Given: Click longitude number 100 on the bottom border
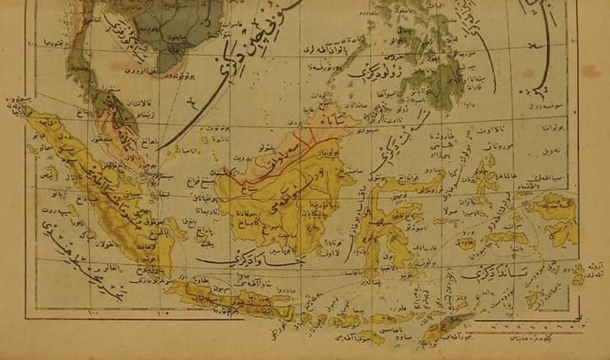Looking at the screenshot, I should (x=92, y=316).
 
